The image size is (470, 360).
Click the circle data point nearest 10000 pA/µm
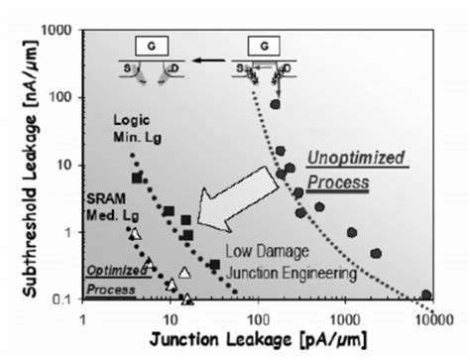[x=426, y=296]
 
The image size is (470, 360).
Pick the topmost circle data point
[x=276, y=104]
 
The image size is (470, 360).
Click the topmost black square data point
[x=138, y=179]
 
